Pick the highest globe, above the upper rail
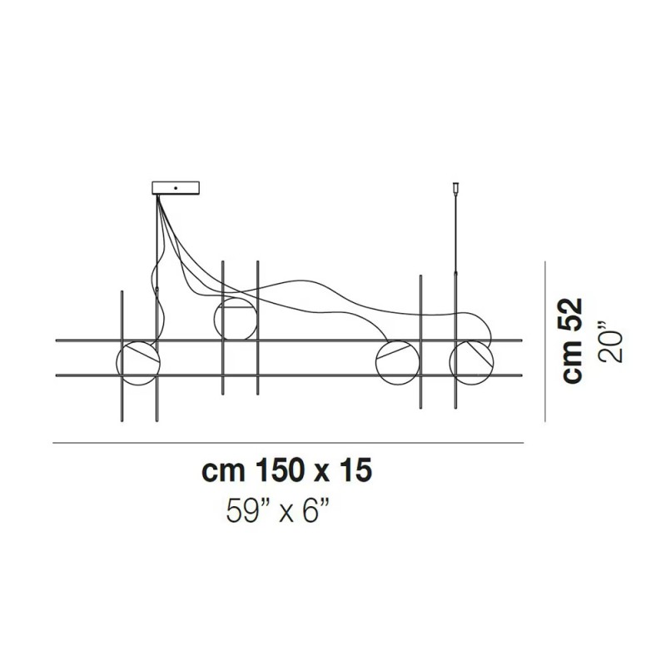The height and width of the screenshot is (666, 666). pos(235,317)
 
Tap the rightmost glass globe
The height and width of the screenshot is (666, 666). pos(470,362)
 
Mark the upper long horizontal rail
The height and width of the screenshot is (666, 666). pos(287,340)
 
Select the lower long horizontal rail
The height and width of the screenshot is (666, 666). pos(287,375)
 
